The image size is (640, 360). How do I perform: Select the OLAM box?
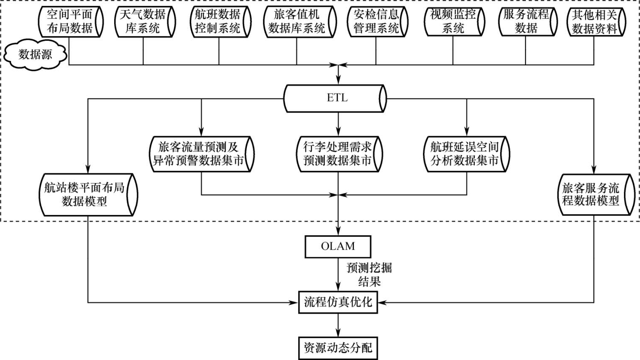[337, 247]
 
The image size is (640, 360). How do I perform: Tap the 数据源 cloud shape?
[36, 55]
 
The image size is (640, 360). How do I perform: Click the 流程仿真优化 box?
[338, 302]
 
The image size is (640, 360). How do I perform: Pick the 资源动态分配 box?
[338, 348]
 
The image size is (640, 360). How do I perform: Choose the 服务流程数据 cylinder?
[527, 21]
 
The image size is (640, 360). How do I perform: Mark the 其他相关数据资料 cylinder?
[595, 21]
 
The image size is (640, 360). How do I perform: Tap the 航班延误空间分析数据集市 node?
[466, 154]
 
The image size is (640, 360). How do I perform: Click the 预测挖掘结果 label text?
[369, 275]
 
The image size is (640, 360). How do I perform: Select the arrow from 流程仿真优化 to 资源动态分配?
[338, 325]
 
